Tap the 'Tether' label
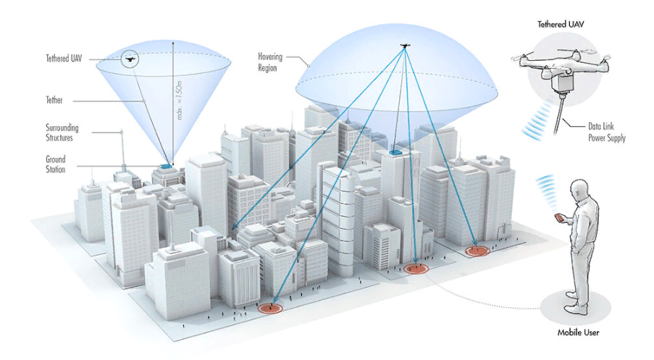point(55,100)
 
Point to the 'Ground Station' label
point(56,164)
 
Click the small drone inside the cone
point(131,57)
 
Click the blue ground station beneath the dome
point(395,153)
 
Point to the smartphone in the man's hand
point(558,217)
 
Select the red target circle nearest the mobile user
point(477,251)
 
